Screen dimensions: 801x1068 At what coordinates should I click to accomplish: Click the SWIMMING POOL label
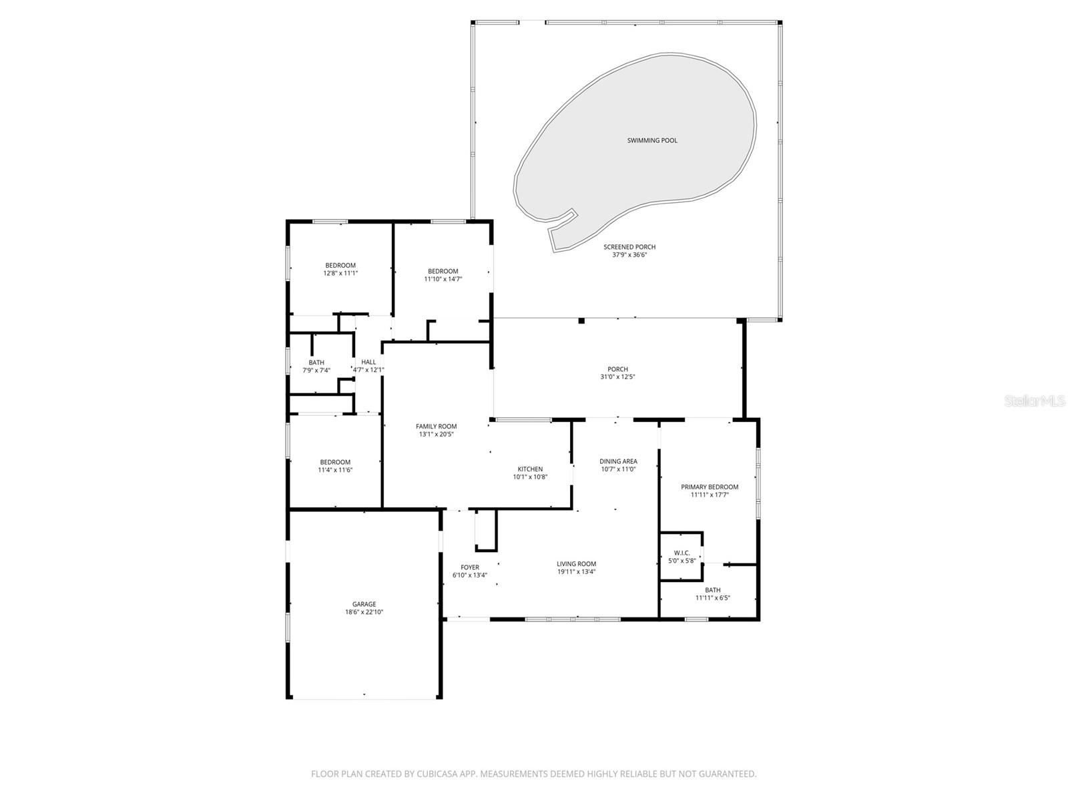(x=652, y=140)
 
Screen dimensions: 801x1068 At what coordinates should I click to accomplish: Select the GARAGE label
(x=364, y=604)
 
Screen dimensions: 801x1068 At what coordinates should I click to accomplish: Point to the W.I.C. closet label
(x=682, y=553)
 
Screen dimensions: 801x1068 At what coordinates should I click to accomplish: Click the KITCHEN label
(x=530, y=469)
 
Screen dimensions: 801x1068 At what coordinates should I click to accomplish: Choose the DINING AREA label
(x=618, y=461)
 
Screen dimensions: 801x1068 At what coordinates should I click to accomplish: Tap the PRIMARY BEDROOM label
(x=710, y=487)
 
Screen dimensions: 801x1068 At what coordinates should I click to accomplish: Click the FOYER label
(x=470, y=567)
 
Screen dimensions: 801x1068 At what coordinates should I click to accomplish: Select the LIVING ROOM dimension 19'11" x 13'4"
(x=577, y=571)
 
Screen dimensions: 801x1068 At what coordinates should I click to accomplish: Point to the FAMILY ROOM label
(x=436, y=427)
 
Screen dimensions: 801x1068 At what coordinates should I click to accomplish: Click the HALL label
(x=368, y=362)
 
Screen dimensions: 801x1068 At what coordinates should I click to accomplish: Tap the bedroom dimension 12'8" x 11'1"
(x=340, y=273)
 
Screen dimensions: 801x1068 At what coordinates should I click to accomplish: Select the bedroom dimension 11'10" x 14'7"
(x=443, y=279)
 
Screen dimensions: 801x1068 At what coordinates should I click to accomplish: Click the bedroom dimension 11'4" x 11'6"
(x=335, y=470)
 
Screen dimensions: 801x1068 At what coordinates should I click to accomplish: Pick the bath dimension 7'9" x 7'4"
(x=316, y=370)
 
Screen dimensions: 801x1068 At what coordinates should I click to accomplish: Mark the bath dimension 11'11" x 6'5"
(x=713, y=598)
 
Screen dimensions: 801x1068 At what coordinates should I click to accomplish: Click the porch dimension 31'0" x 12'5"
(x=617, y=377)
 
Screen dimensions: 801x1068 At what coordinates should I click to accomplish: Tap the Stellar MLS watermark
(x=1035, y=401)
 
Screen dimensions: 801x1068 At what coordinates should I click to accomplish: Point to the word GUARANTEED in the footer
(x=728, y=774)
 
